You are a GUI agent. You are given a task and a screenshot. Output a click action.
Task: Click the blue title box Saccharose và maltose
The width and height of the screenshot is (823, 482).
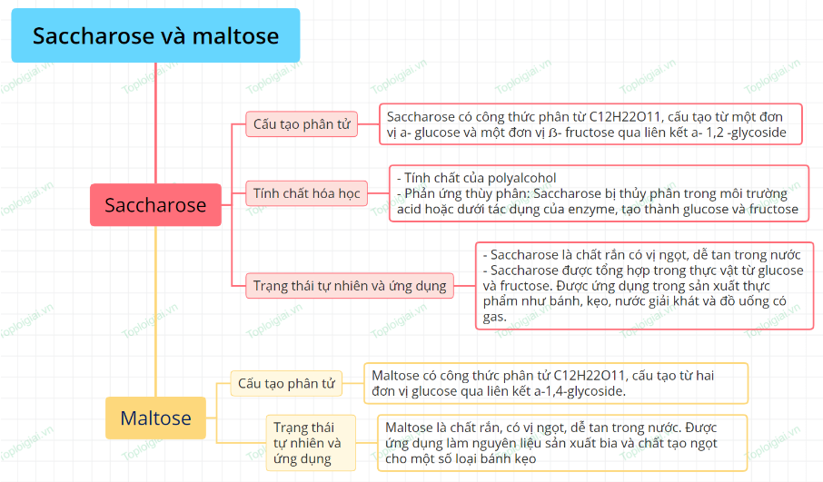155,35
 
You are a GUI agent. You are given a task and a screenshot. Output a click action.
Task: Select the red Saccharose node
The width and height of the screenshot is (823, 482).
155,204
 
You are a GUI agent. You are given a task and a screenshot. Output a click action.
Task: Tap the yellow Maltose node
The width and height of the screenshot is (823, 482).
155,418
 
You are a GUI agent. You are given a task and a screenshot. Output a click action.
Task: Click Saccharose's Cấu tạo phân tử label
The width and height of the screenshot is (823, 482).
302,124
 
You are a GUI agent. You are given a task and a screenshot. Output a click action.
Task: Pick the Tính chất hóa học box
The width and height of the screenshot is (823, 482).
306,193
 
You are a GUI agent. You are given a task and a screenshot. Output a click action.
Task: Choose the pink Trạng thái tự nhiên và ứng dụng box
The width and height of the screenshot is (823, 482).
350,286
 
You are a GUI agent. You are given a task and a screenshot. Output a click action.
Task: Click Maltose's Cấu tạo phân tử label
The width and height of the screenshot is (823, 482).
286,383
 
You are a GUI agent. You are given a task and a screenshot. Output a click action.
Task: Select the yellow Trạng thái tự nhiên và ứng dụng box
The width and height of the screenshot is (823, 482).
311,443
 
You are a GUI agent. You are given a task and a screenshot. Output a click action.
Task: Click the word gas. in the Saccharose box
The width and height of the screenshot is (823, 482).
494,317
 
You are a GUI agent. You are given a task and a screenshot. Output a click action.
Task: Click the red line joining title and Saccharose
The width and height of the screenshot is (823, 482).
156,123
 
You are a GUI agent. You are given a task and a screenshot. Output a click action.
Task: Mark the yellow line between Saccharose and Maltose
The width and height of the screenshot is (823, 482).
156,311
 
